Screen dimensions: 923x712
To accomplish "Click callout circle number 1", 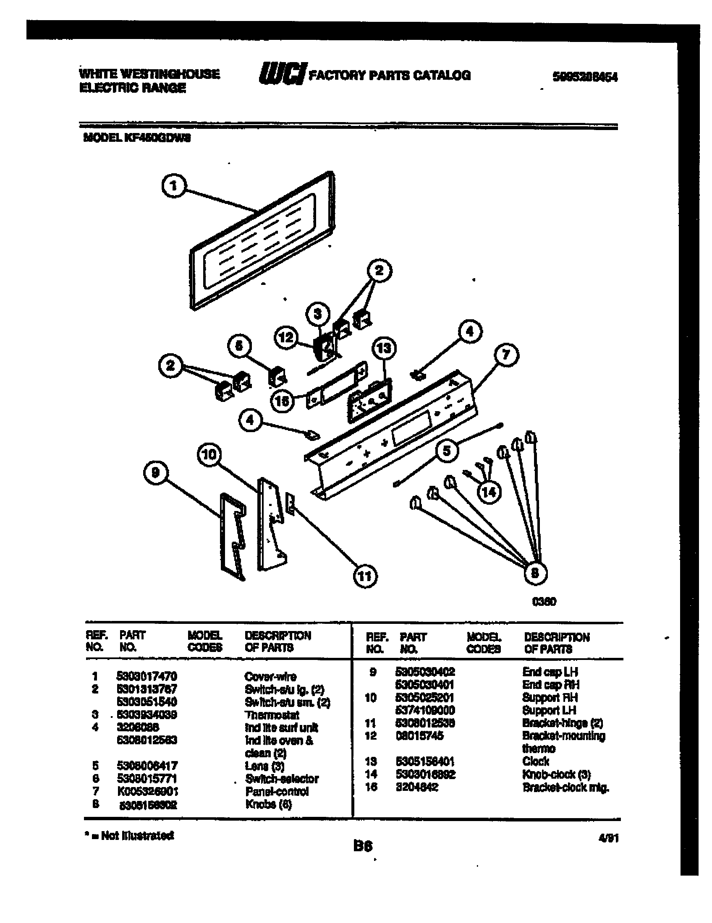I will [x=173, y=186].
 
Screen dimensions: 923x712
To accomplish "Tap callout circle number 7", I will [x=506, y=355].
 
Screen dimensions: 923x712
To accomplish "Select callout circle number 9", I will [x=155, y=472].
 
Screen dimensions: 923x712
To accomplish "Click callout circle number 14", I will [x=489, y=492].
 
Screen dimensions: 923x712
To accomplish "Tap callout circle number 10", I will [x=209, y=455].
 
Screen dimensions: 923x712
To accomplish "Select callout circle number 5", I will [x=447, y=451].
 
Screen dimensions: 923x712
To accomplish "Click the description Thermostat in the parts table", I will [x=272, y=715].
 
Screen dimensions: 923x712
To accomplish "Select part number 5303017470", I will [x=147, y=676].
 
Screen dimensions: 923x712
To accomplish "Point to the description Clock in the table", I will [x=535, y=761].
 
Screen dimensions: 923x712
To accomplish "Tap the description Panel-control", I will [x=277, y=791].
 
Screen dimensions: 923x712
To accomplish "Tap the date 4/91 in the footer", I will [x=610, y=838].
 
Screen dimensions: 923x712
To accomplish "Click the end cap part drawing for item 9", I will [x=232, y=537].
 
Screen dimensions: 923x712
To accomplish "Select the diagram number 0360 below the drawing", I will [x=544, y=601].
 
